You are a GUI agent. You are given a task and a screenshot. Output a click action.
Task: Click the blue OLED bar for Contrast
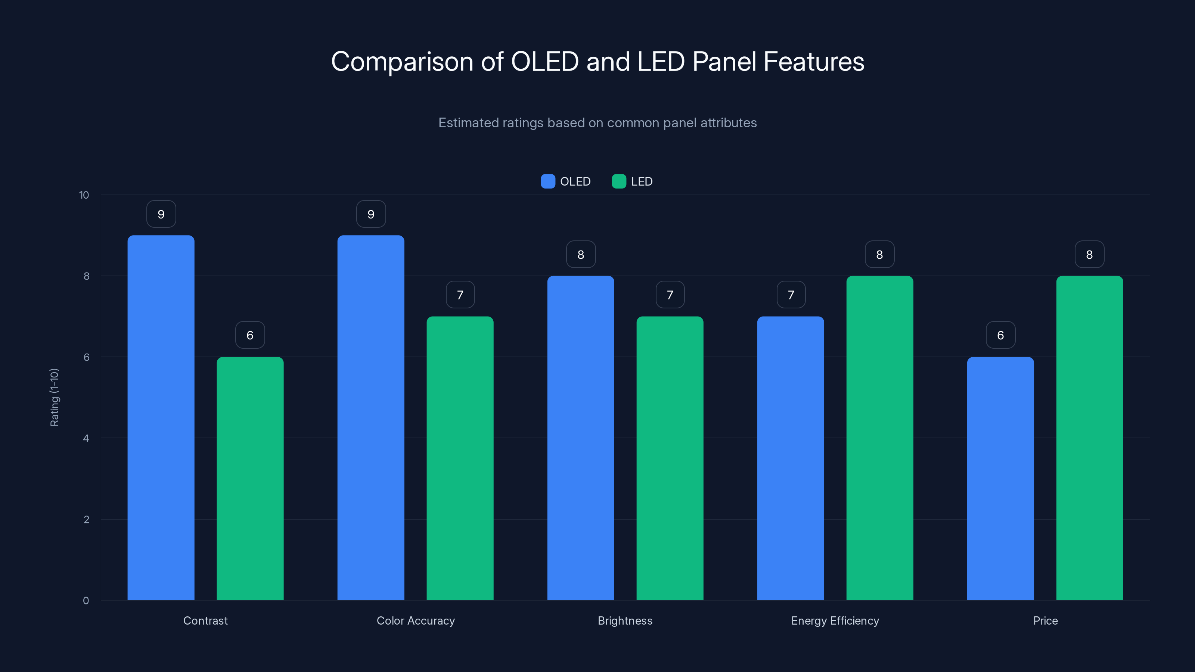tap(161, 417)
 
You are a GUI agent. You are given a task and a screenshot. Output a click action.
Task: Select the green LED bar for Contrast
tap(250, 478)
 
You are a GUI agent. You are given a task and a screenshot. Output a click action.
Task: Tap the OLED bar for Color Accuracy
tap(371, 417)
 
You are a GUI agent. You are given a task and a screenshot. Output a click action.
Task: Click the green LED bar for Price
tap(1089, 438)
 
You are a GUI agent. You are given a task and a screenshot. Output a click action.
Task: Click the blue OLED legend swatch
tap(548, 181)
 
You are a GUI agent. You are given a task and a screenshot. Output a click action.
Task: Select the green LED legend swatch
tap(619, 181)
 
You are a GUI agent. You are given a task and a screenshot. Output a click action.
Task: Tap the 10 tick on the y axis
tap(84, 195)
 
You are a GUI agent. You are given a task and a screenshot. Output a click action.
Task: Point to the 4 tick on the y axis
tap(86, 438)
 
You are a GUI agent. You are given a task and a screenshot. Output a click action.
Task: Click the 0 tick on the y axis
tap(86, 601)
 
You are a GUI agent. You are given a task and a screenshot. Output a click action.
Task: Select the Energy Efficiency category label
tap(835, 620)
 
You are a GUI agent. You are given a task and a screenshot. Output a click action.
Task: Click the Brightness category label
tap(625, 620)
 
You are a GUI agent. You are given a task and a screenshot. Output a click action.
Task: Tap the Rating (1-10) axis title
tap(54, 398)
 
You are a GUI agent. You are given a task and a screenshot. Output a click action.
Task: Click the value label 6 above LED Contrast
tap(250, 335)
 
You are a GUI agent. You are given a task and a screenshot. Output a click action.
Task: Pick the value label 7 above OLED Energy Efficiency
tap(791, 295)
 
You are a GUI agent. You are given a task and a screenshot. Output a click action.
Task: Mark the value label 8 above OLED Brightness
tap(581, 254)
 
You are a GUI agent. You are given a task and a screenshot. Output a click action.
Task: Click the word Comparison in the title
tap(402, 62)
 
